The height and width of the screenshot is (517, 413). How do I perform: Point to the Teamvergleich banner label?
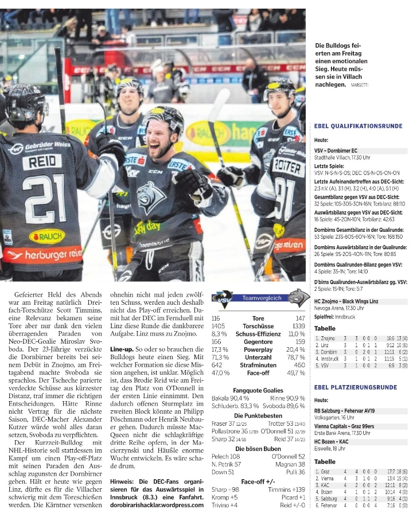(262, 298)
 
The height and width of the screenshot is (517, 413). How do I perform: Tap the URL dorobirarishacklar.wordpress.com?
(157, 506)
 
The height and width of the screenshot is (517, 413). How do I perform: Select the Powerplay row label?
(258, 349)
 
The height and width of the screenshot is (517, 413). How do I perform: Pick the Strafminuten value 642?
(217, 364)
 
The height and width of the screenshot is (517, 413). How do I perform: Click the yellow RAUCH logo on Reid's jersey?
(47, 236)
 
